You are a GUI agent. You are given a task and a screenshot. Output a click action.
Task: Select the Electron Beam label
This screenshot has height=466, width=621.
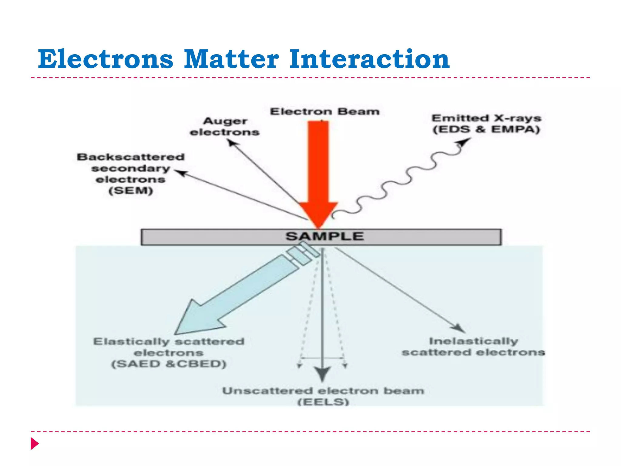[325, 112]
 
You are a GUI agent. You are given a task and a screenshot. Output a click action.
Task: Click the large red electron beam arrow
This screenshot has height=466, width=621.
[318, 170]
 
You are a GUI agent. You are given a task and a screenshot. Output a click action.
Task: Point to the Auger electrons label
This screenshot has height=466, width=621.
[225, 127]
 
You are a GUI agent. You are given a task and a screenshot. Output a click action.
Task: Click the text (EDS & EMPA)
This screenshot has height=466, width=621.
[486, 130]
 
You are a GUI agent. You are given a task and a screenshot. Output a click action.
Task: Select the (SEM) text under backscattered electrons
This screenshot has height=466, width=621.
[131, 191]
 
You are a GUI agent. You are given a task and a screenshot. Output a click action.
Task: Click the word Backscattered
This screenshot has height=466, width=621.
[131, 157]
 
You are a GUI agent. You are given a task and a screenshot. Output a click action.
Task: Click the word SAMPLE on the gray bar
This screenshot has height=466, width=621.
[324, 236]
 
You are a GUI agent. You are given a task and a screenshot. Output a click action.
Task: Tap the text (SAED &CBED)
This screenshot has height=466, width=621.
[169, 364]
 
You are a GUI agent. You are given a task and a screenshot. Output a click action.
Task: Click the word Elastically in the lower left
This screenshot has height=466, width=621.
[131, 342]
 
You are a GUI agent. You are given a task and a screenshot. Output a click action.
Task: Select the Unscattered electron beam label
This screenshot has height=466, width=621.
[323, 391]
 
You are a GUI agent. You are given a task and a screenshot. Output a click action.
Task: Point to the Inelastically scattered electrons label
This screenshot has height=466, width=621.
[473, 347]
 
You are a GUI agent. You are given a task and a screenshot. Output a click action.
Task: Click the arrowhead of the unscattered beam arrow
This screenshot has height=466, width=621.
[322, 374]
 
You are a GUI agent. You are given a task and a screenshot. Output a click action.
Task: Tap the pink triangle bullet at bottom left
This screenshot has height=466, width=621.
[35, 444]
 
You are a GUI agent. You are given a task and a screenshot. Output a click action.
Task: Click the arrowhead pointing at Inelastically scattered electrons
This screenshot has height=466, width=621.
[458, 328]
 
